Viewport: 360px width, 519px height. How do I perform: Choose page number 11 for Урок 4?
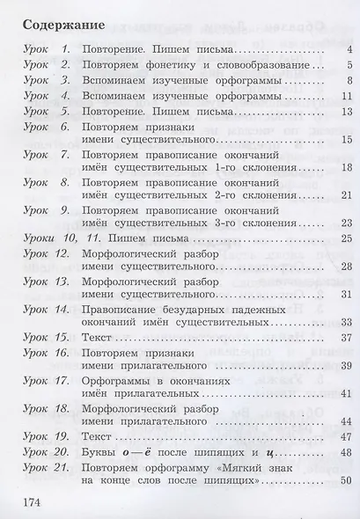347,97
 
